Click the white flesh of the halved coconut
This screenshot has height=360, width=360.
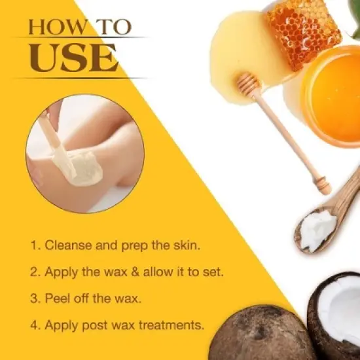click(344, 308)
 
